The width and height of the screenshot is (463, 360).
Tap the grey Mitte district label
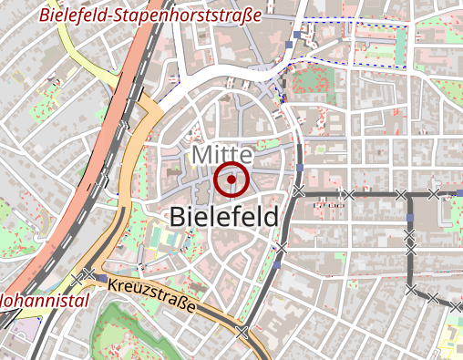point(221,156)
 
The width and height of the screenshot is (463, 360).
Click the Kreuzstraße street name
point(151,297)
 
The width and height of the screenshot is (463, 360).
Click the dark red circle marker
point(232,180)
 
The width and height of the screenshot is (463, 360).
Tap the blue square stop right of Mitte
point(300,168)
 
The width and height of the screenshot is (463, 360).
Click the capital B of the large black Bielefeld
point(179,217)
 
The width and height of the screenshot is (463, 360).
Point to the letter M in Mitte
point(201,156)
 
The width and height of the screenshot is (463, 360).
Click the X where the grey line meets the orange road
point(241,332)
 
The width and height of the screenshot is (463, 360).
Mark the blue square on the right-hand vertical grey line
point(410,218)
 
